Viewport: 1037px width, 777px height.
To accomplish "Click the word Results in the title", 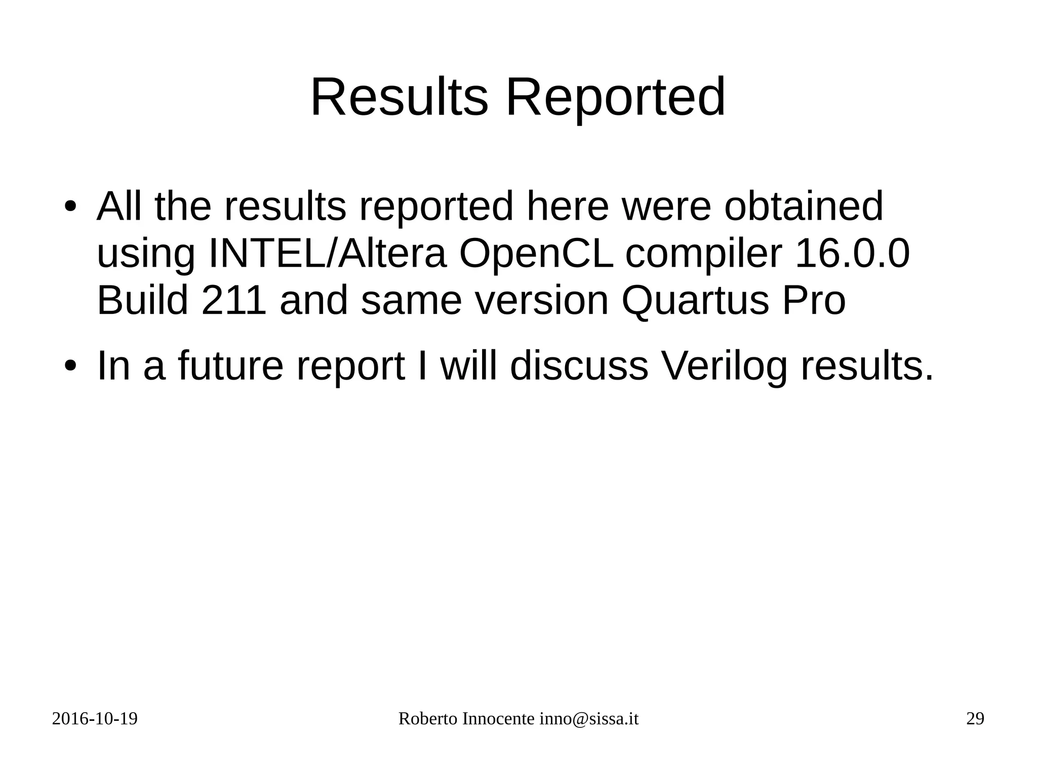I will tap(399, 97).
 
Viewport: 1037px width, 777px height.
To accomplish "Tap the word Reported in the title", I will tap(615, 97).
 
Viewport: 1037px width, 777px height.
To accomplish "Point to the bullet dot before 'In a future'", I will tap(70, 365).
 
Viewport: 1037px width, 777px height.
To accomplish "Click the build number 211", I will tap(233, 300).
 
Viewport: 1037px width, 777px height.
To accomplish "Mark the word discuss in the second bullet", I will tap(579, 365).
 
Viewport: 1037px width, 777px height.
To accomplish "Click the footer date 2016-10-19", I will tap(95, 719).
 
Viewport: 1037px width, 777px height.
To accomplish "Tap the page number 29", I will tap(975, 719).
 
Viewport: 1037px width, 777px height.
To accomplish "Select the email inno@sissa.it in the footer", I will tap(589, 719).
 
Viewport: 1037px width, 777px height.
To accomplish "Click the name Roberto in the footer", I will tap(428, 719).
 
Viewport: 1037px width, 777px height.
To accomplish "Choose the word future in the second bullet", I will tap(230, 365).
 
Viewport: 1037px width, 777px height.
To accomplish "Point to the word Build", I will tap(142, 300).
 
